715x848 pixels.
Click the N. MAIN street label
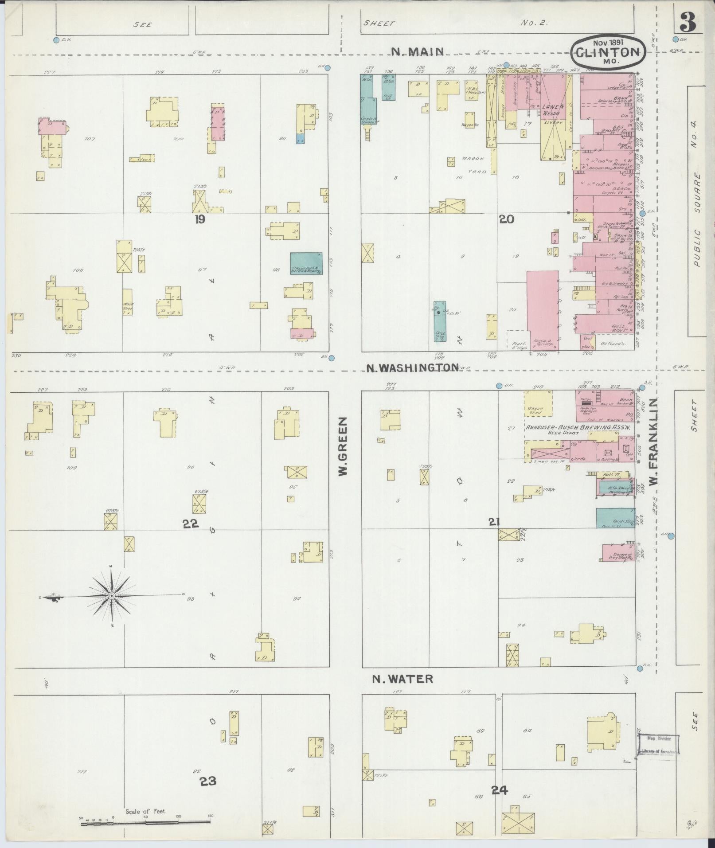[418, 52]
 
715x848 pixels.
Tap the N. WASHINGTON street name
[413, 367]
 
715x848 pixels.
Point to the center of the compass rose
[112, 595]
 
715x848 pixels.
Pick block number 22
[191, 524]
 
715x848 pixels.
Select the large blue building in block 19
[306, 263]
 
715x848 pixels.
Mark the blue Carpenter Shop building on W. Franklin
[615, 518]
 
